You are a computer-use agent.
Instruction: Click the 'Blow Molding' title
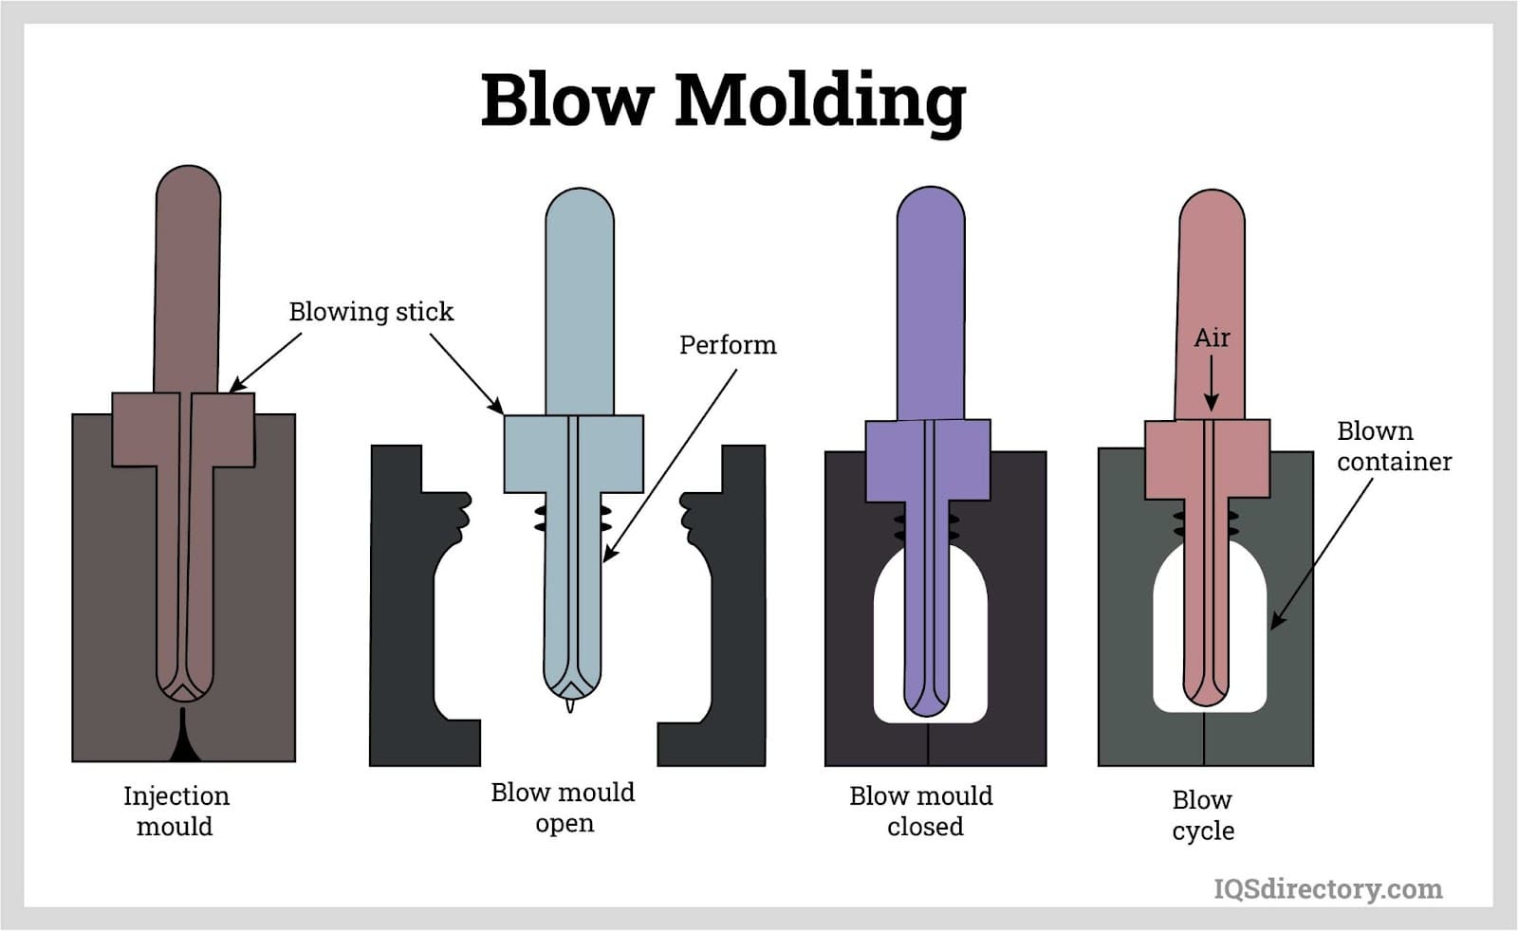(x=723, y=100)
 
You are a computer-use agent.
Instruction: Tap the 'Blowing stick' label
(x=371, y=312)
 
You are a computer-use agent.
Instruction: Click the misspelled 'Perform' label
(x=728, y=345)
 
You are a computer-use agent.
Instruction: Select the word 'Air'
(x=1212, y=338)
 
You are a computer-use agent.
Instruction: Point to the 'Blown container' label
(x=1393, y=446)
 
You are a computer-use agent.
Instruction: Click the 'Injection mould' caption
(x=176, y=811)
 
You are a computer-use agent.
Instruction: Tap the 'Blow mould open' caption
(x=563, y=807)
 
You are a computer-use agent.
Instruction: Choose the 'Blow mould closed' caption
(x=921, y=811)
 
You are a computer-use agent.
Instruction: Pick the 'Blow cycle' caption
(x=1202, y=814)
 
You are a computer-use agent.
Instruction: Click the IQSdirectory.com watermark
(x=1327, y=888)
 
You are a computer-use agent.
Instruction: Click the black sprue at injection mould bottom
(x=184, y=741)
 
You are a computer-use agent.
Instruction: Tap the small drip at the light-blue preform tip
(x=569, y=704)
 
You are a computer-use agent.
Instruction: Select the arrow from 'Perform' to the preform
(x=670, y=465)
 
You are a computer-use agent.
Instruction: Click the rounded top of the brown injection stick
(x=188, y=187)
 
